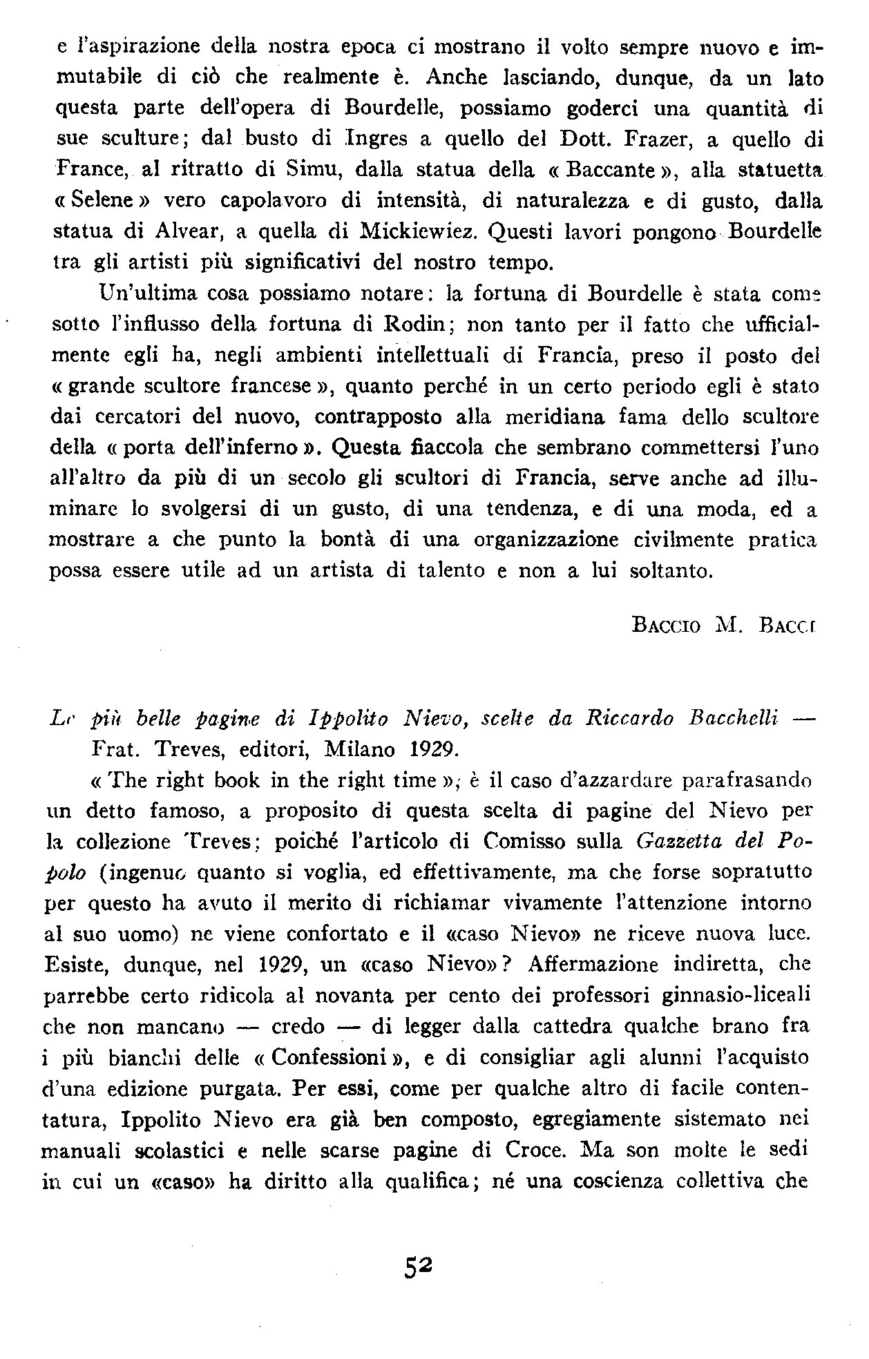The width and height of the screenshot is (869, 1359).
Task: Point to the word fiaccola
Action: click(415, 448)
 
